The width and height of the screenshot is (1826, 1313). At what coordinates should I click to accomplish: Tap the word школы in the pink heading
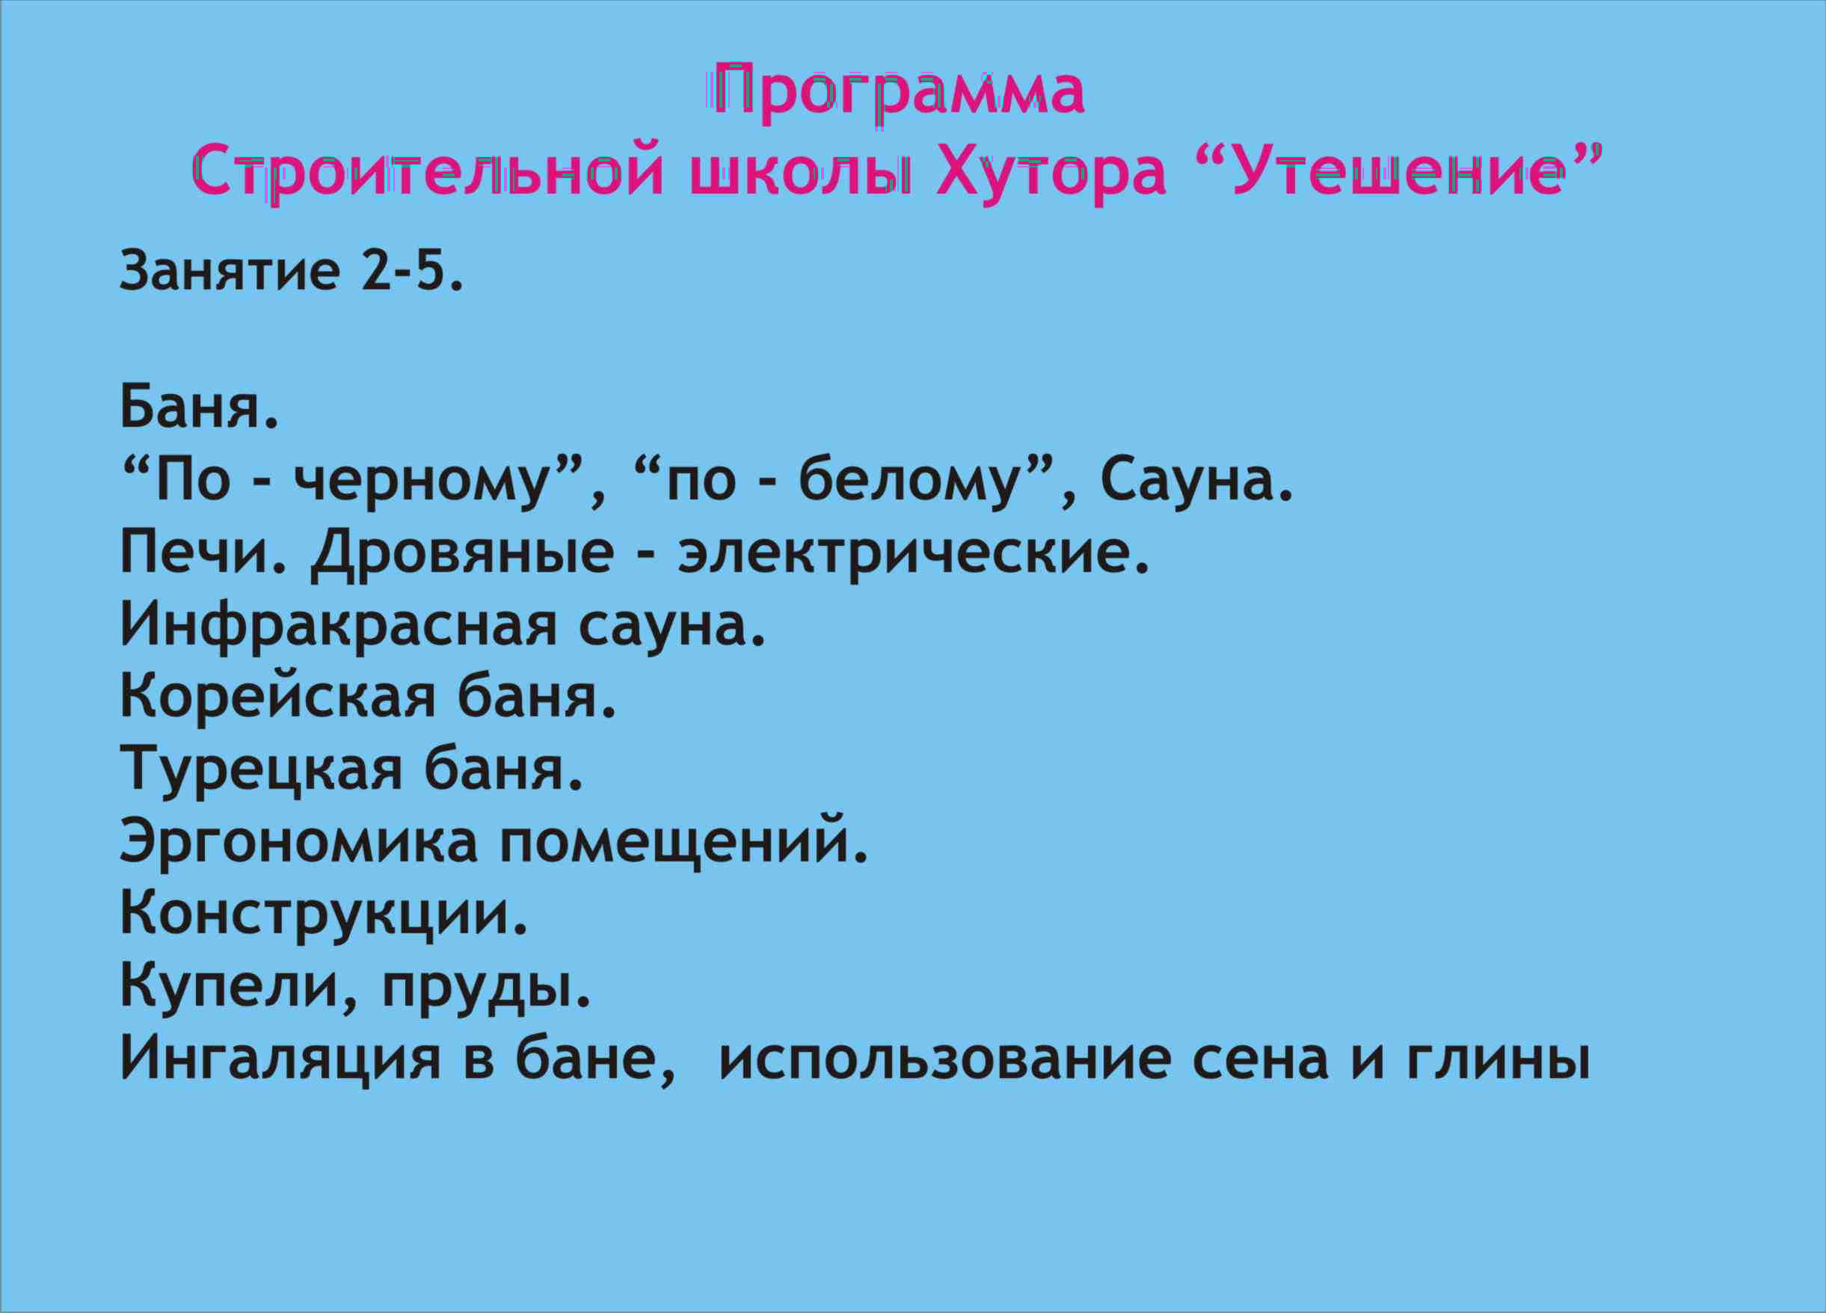click(802, 171)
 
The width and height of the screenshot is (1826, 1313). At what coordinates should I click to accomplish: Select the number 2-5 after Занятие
click(411, 270)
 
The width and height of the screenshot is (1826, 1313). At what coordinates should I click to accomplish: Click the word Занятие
click(230, 271)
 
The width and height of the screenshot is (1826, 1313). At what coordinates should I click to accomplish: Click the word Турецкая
click(261, 771)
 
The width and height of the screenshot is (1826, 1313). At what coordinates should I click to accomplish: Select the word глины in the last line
click(1498, 1060)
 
